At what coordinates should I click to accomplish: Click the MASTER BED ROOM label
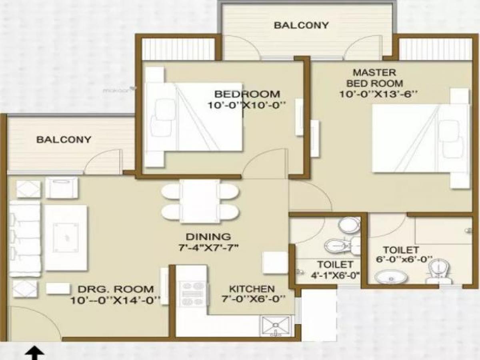click(374, 78)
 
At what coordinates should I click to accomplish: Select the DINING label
click(208, 236)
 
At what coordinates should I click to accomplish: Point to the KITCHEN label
click(252, 288)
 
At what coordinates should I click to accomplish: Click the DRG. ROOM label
click(115, 289)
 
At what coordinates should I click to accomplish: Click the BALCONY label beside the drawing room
click(64, 140)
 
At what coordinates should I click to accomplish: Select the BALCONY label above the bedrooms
click(301, 25)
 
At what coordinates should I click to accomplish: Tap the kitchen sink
click(276, 326)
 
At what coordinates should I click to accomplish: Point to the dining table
click(200, 201)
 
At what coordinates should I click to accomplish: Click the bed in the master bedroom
click(420, 138)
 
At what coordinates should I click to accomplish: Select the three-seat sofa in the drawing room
click(25, 239)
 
